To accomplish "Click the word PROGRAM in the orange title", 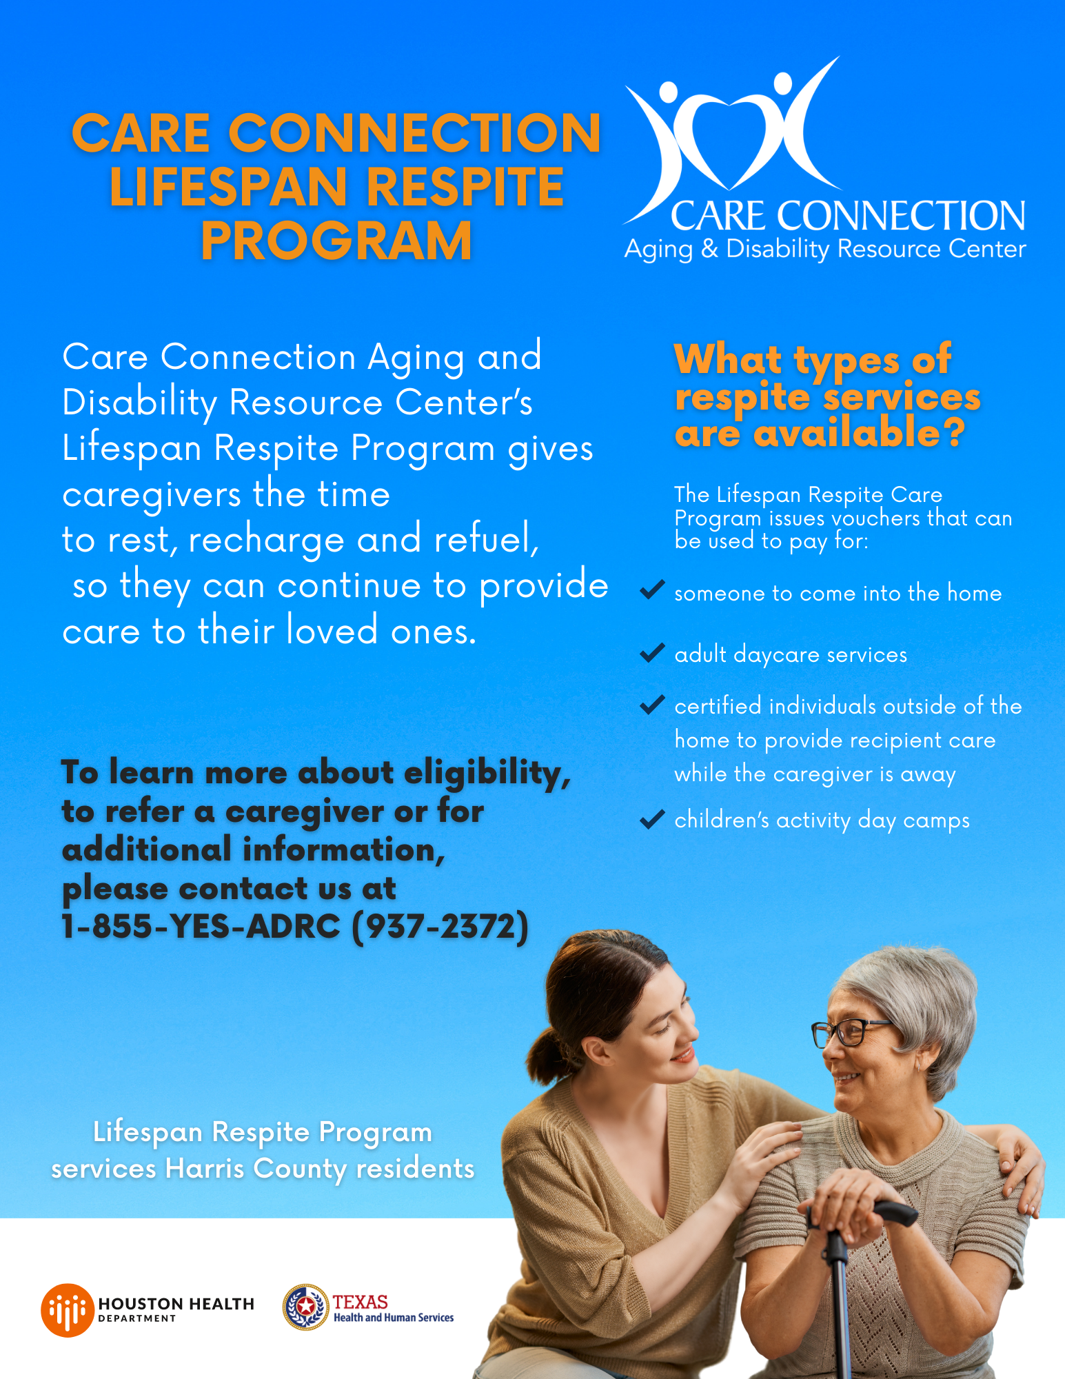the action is pyautogui.click(x=336, y=241).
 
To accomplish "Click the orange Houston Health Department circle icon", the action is pyautogui.click(x=67, y=1310).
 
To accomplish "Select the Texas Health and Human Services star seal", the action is pyautogui.click(x=305, y=1307).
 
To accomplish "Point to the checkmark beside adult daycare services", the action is pyautogui.click(x=651, y=652).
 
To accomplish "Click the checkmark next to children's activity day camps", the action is pyautogui.click(x=651, y=819).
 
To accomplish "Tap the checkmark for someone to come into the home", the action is pyautogui.click(x=651, y=590).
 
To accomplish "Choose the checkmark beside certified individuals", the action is pyautogui.click(x=651, y=705).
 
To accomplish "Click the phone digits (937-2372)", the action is pyautogui.click(x=440, y=927).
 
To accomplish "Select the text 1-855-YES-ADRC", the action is pyautogui.click(x=201, y=926).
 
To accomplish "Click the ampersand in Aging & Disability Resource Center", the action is pyautogui.click(x=709, y=249).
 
